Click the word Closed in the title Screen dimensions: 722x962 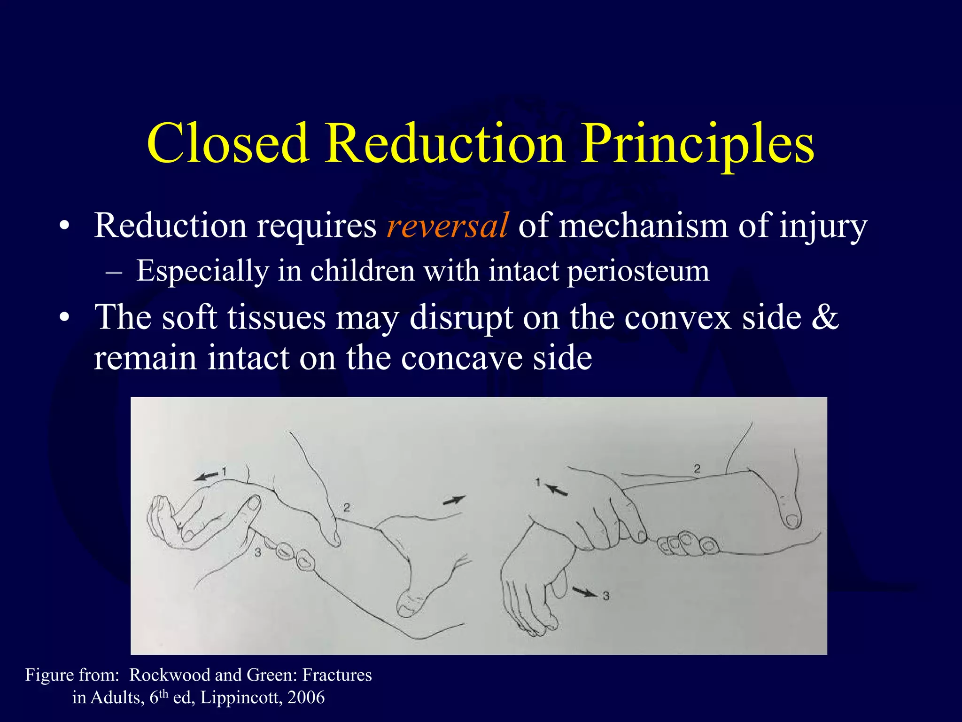228,143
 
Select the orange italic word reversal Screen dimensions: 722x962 447,226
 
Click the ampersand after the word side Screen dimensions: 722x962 825,317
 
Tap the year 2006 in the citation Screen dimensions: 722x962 306,698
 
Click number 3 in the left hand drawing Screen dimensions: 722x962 258,553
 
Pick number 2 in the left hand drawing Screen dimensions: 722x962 347,508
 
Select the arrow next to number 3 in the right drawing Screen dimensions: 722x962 584,592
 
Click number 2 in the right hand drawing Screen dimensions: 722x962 697,469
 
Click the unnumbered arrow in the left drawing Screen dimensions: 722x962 454,501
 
